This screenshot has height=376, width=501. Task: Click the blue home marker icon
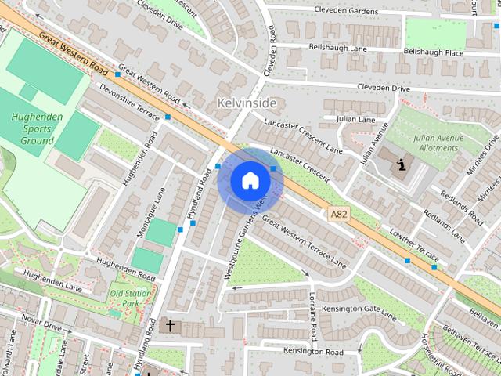point(250,180)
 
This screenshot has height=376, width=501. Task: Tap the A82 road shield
point(338,213)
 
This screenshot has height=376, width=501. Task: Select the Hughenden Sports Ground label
point(32,129)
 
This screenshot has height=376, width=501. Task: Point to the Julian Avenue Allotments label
point(437,142)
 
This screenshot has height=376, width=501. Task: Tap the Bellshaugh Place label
point(433,52)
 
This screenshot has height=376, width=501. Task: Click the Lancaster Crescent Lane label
point(303,136)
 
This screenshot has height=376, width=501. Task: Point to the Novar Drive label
point(41,322)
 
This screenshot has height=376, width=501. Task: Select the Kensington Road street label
point(313,351)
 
